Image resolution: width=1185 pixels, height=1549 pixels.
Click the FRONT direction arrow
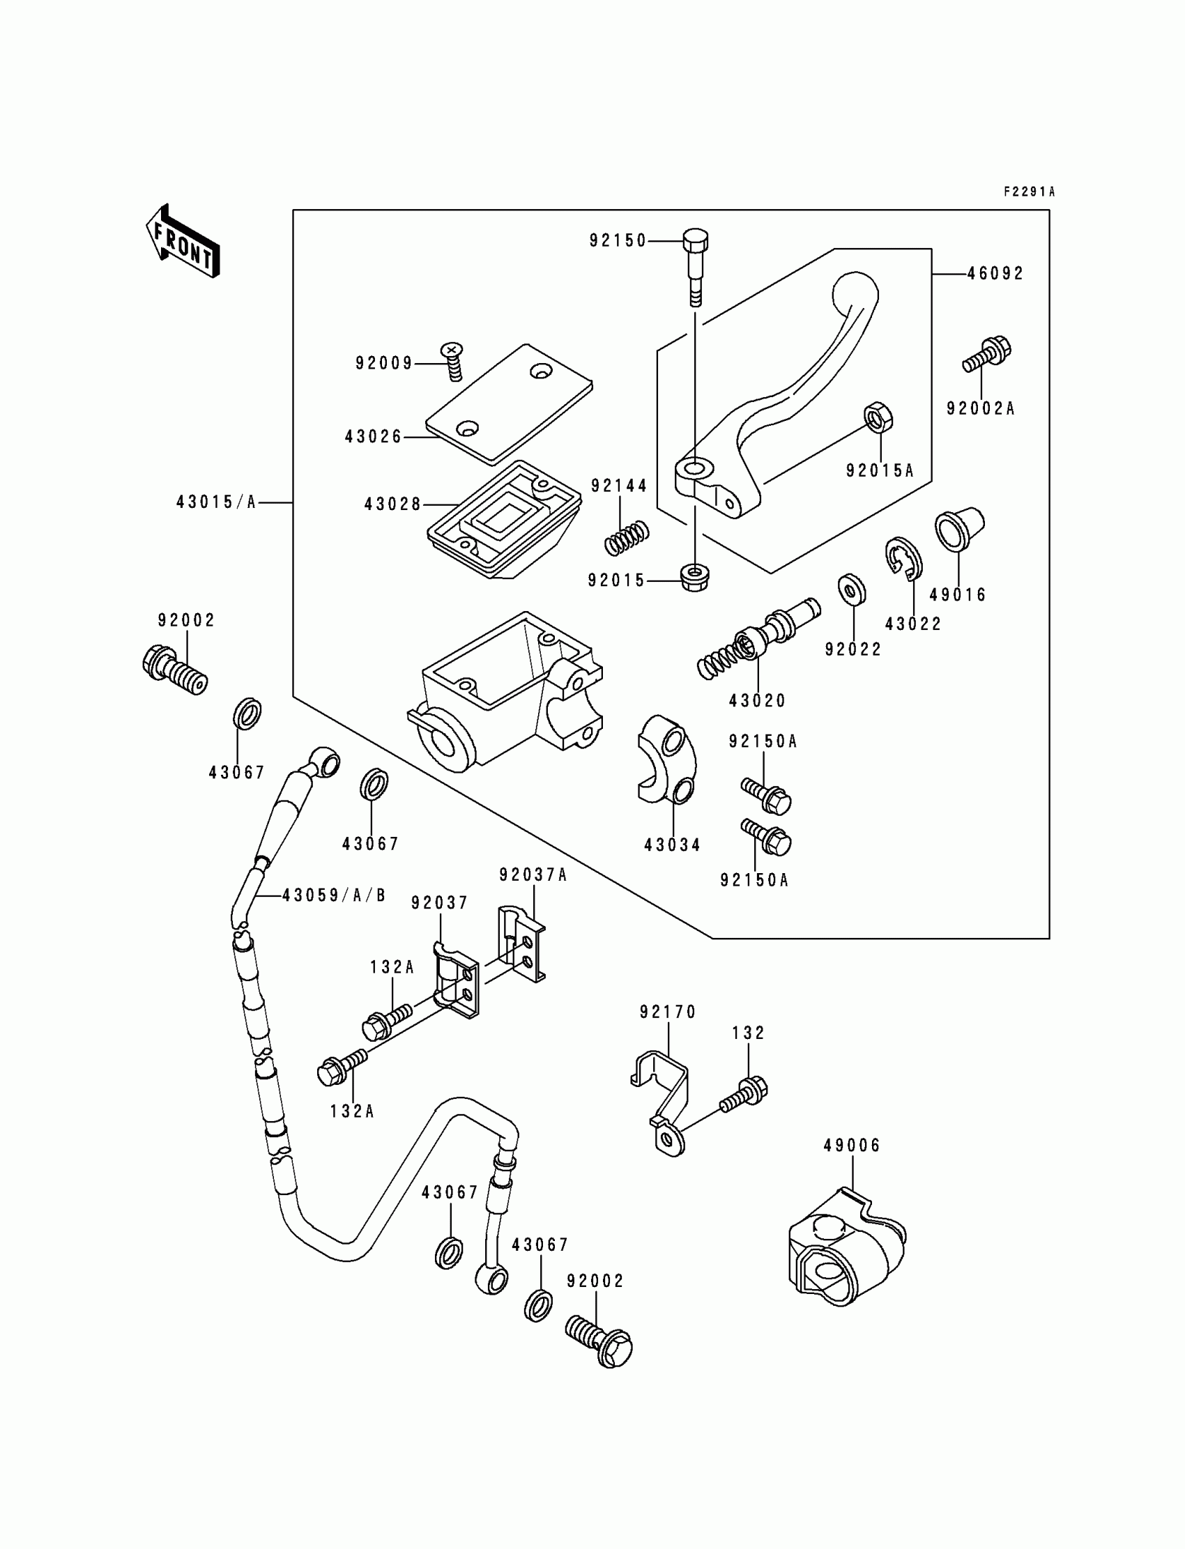pos(183,241)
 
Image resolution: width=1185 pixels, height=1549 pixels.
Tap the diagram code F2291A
pos(1029,192)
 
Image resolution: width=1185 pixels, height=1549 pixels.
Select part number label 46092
pos(995,274)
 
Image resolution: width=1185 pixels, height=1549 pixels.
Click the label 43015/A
pos(216,502)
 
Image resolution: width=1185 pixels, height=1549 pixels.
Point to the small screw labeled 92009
pos(453,361)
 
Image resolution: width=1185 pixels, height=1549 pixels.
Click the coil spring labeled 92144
pos(628,538)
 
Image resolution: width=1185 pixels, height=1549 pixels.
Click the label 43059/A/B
pos(334,895)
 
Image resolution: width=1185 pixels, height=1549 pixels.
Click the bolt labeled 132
pos(744,1092)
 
